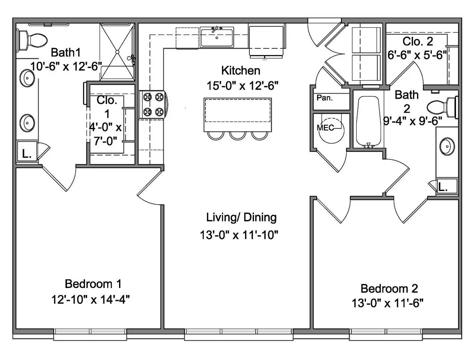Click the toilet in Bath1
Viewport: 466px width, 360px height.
click(32, 40)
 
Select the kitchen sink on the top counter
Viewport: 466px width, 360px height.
click(217, 37)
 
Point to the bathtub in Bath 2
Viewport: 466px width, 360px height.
click(368, 122)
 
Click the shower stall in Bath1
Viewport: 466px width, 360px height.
click(117, 52)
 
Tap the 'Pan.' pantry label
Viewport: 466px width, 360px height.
click(324, 98)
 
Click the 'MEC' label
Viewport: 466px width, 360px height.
click(325, 128)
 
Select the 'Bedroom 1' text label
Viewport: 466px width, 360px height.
click(93, 284)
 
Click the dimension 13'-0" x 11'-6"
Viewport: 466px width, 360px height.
click(388, 303)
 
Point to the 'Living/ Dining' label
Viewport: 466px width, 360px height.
click(241, 217)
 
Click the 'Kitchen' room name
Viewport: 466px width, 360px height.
click(241, 71)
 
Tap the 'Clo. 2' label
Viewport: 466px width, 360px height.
click(418, 42)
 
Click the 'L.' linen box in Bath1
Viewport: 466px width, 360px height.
click(27, 154)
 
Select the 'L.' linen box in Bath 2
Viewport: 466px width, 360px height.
click(443, 187)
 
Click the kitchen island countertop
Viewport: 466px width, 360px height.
click(238, 114)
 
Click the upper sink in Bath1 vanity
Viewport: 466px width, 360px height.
click(27, 79)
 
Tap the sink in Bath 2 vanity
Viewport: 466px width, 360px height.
click(446, 146)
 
